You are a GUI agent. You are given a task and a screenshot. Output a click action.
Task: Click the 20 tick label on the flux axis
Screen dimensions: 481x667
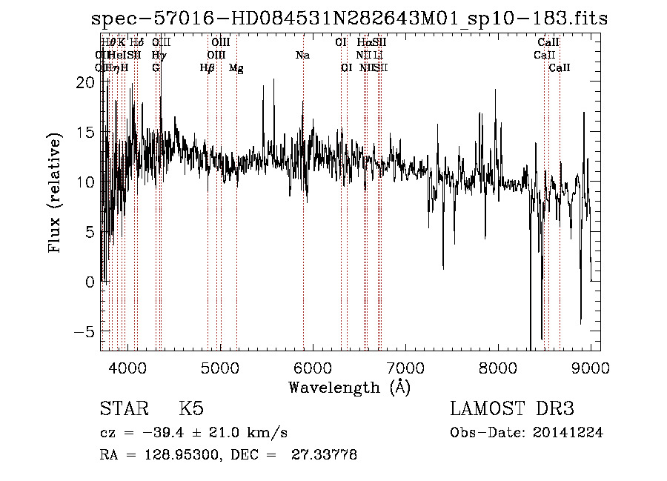point(86,83)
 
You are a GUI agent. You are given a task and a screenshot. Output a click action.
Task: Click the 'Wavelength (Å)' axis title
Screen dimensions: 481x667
point(349,387)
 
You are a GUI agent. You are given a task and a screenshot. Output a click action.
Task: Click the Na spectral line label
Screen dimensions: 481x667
point(302,56)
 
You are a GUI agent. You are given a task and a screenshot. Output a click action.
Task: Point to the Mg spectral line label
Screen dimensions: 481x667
point(236,68)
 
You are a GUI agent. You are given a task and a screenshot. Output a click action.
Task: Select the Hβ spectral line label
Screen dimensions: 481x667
point(208,68)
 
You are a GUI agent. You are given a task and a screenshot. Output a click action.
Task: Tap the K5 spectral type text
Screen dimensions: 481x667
point(191,409)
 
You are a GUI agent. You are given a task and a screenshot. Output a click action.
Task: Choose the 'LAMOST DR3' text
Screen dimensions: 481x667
point(512,409)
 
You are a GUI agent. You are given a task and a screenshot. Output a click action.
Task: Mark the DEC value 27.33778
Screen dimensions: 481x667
point(326,455)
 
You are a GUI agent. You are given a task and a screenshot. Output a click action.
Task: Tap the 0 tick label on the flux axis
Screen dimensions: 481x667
point(90,282)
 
